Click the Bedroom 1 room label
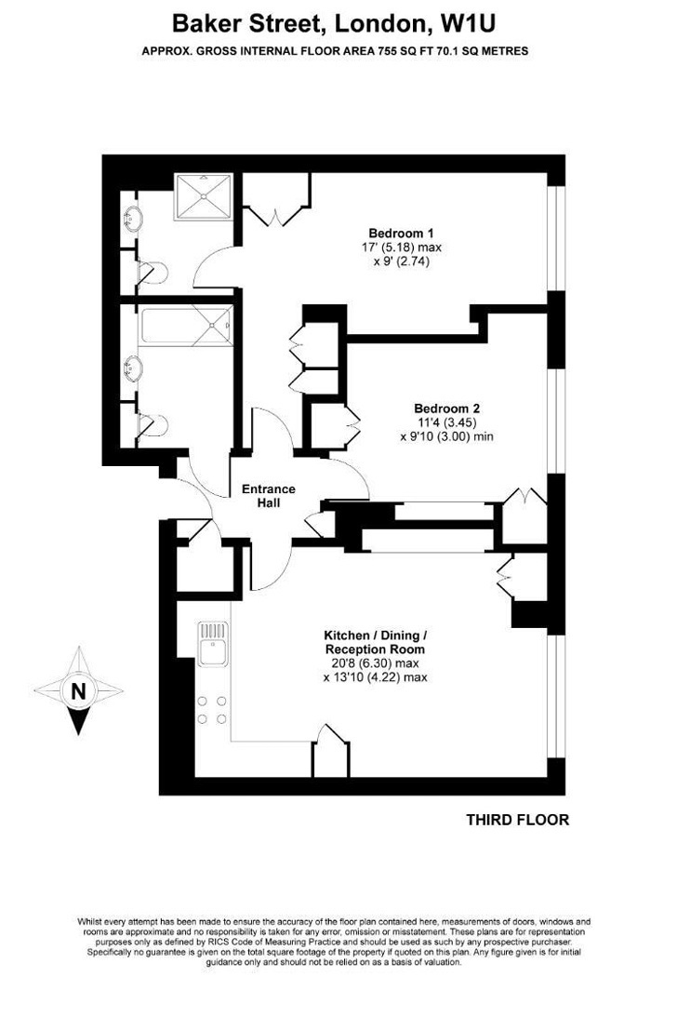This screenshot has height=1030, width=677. pos(401,234)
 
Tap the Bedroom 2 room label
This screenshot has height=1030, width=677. pos(446,408)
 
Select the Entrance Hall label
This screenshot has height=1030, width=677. pos(269,496)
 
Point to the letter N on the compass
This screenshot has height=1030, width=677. pos(78,691)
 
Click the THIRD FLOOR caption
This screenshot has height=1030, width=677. pos(517,820)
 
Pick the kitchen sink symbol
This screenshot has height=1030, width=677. pos(213,645)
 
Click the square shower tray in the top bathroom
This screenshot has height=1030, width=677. pos(204,197)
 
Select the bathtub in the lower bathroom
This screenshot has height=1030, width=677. pos(185,325)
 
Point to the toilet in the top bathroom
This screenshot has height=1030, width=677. pos(150,273)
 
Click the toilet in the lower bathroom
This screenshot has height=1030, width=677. pos(151,424)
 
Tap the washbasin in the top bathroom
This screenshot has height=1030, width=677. pos(133,218)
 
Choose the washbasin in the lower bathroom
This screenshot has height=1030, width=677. pos(133,368)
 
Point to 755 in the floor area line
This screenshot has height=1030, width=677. pos(387,50)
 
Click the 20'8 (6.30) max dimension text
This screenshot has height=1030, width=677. pos(371,663)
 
